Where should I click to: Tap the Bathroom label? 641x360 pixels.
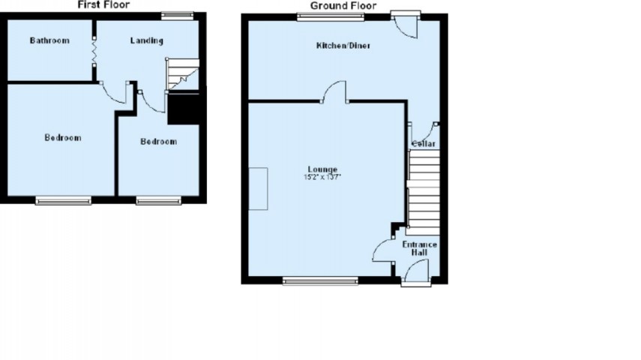(49, 40)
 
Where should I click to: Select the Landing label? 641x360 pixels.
(146, 40)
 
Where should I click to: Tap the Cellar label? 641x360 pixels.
(424, 143)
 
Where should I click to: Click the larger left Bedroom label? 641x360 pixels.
(62, 138)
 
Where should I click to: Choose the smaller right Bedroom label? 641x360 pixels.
(159, 141)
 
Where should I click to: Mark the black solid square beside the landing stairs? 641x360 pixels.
(183, 109)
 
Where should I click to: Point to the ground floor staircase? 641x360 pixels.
(424, 191)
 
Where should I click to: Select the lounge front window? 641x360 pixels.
(321, 281)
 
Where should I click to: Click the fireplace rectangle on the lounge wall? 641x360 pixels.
(259, 188)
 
